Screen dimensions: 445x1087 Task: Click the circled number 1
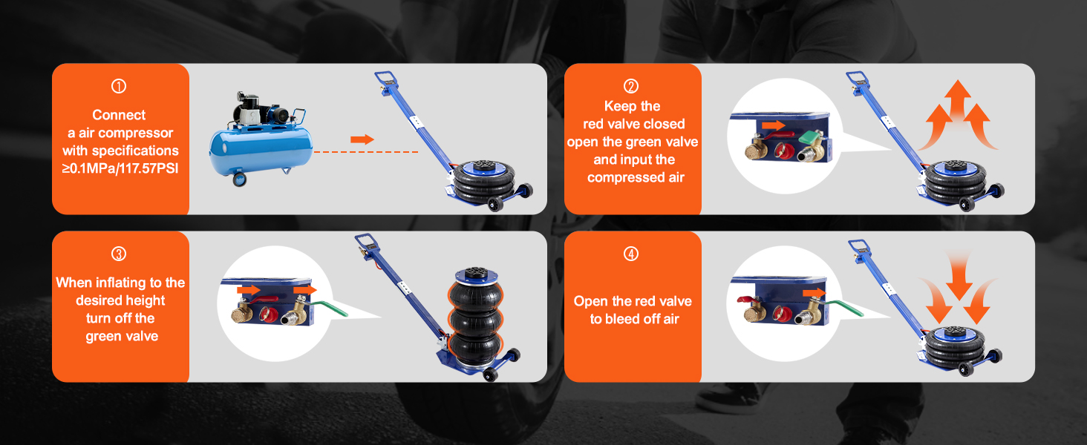click(119, 87)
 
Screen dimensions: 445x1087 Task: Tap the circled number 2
click(632, 87)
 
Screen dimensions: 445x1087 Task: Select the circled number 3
click(119, 254)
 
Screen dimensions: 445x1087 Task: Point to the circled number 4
click(632, 254)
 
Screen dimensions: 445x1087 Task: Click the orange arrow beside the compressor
click(362, 139)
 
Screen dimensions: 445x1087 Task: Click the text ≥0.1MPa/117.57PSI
click(120, 168)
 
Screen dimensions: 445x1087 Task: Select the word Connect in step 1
click(119, 115)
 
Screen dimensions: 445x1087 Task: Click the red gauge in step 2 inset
click(781, 151)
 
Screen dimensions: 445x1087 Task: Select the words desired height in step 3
click(120, 300)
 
